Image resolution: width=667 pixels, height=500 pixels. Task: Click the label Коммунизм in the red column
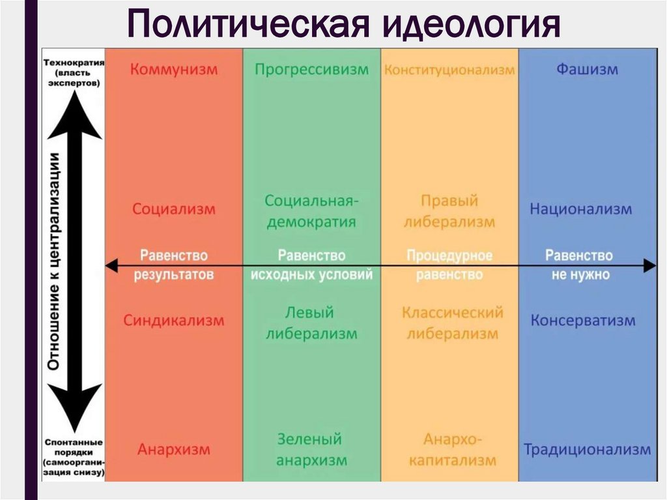click(x=174, y=70)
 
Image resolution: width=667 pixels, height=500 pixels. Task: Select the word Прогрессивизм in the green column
click(x=311, y=70)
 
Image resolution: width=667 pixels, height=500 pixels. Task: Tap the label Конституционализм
click(x=449, y=70)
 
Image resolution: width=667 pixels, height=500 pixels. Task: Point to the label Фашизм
click(x=587, y=70)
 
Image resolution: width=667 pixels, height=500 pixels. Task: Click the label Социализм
click(x=174, y=209)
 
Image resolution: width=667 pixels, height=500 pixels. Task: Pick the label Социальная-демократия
click(x=311, y=211)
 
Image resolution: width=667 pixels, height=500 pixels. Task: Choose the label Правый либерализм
click(x=449, y=211)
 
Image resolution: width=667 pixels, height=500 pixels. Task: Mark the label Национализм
click(x=580, y=209)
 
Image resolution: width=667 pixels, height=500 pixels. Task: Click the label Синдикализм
click(x=174, y=321)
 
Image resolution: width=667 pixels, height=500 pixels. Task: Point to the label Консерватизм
click(x=582, y=321)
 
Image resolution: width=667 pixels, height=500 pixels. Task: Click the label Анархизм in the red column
click(x=174, y=449)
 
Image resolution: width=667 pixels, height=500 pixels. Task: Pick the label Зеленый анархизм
click(x=311, y=450)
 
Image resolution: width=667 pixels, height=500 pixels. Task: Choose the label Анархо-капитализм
click(x=449, y=450)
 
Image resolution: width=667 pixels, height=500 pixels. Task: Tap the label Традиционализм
click(x=587, y=449)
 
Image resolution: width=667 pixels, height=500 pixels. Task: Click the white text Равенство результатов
click(x=174, y=265)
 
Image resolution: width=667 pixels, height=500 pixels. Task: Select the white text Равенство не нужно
click(x=580, y=265)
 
